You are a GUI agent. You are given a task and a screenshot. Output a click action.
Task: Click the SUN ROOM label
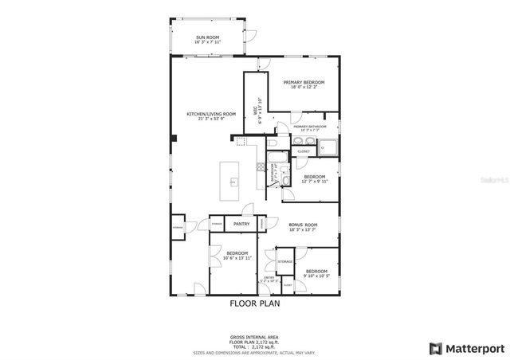click(x=208, y=37)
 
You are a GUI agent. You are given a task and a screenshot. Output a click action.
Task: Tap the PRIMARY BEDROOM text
click(x=304, y=82)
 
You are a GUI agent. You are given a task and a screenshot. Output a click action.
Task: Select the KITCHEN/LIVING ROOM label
click(x=211, y=114)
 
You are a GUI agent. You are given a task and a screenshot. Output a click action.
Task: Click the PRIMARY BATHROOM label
click(x=311, y=127)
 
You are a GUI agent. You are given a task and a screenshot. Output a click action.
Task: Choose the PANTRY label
click(x=241, y=225)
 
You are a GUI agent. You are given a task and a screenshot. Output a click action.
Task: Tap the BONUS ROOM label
click(x=304, y=225)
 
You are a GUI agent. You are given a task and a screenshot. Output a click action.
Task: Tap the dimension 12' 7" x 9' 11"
click(x=314, y=181)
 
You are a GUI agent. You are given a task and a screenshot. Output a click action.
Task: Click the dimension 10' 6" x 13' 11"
click(x=237, y=258)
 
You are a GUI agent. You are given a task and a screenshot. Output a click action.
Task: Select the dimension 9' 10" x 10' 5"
click(x=317, y=276)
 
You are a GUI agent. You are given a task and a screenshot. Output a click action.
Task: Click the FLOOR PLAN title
click(x=254, y=303)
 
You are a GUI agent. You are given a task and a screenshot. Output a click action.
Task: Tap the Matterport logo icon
click(x=435, y=348)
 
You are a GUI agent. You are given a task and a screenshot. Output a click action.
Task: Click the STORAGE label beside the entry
click(x=285, y=262)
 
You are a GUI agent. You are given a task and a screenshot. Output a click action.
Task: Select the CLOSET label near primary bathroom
click(x=304, y=151)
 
